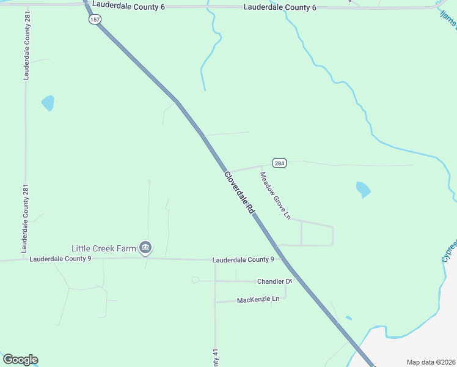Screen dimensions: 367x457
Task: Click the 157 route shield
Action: [x=94, y=20]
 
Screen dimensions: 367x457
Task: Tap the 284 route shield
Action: [x=279, y=163]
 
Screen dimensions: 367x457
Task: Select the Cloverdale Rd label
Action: [x=239, y=191]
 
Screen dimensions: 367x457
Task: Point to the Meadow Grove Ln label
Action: [x=275, y=195]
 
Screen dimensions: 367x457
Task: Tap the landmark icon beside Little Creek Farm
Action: [x=145, y=248]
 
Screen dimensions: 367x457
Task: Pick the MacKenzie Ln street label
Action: [x=258, y=299]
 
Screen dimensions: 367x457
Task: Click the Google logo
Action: [x=20, y=360]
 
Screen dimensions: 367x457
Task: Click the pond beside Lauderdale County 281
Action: [x=48, y=103]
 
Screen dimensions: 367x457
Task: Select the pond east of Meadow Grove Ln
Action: [x=363, y=190]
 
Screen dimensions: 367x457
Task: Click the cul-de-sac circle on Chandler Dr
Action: [x=196, y=280]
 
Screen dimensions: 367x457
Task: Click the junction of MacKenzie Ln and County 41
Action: [x=215, y=302]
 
